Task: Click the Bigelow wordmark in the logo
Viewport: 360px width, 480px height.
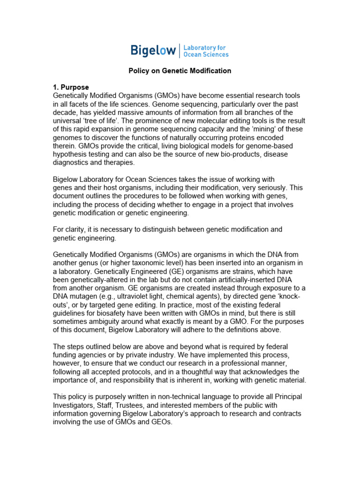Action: (152, 51)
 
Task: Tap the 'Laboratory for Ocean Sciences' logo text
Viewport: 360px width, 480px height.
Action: (205, 51)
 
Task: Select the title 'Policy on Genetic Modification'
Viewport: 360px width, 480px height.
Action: (180, 71)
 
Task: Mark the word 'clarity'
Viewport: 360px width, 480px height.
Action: (75, 229)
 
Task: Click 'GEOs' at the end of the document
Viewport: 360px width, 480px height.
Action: (162, 422)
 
